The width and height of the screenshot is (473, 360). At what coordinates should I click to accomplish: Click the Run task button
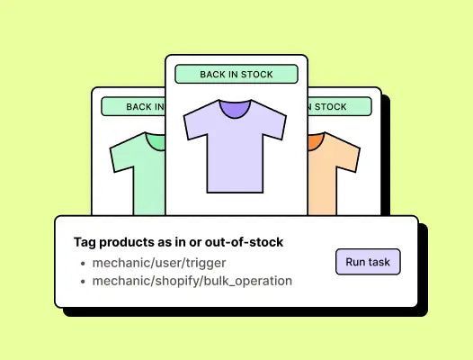(x=368, y=262)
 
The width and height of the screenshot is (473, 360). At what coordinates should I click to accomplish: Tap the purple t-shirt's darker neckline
(x=235, y=108)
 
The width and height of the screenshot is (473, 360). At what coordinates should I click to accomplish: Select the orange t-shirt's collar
(x=315, y=141)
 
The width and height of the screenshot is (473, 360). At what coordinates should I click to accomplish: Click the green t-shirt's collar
(x=156, y=141)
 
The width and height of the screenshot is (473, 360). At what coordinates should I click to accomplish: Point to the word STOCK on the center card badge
(x=256, y=75)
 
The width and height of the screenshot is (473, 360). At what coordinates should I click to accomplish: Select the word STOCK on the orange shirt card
(x=331, y=106)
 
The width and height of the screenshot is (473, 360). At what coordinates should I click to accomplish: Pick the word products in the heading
(x=127, y=242)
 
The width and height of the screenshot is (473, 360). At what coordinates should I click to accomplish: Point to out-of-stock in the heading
(x=244, y=242)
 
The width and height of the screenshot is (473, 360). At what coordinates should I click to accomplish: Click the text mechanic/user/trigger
(x=159, y=263)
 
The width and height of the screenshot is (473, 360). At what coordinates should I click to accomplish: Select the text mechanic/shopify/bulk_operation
(x=192, y=281)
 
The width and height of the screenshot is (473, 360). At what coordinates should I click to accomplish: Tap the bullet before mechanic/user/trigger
(x=83, y=264)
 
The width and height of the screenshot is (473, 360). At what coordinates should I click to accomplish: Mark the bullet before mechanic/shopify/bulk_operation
(x=83, y=282)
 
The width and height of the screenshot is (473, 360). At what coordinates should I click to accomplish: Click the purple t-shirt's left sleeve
(x=196, y=124)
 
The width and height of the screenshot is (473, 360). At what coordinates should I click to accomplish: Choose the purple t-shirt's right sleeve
(x=274, y=124)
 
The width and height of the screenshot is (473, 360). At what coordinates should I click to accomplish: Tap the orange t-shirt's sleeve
(x=347, y=156)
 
